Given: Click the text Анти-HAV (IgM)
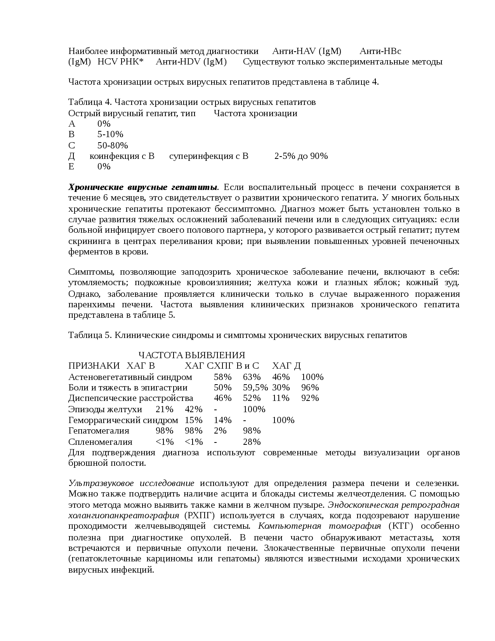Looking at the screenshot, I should [306, 51].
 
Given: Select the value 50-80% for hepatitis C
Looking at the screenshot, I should [113, 146].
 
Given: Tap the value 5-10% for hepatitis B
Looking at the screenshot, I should [110, 135].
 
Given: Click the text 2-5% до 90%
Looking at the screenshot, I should [301, 156].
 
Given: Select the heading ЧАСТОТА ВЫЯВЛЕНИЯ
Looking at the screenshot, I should [192, 355].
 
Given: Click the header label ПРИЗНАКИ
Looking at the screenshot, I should [94, 366].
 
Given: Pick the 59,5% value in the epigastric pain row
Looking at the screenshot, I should [255, 388].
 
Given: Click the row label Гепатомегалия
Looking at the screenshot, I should [99, 431].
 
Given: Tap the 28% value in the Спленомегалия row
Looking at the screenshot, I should [252, 442].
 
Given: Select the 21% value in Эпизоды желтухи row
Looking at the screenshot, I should [164, 409].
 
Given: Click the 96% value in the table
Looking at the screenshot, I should [310, 388].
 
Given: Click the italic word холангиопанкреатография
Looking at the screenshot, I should [123, 516].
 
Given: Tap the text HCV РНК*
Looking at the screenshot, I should [120, 62].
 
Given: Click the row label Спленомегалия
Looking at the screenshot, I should [100, 442].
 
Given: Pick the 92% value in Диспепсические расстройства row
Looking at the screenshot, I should [310, 398].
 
